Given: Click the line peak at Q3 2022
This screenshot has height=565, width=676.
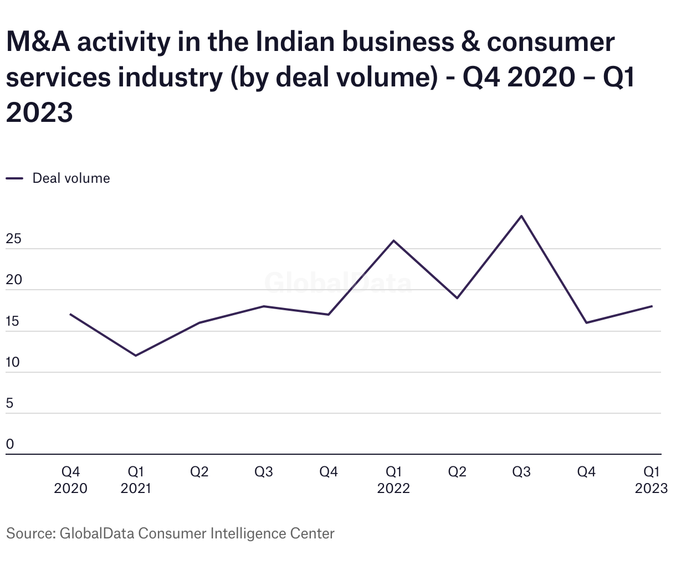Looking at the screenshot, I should [x=521, y=216].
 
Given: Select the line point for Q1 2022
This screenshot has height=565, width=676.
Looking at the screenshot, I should [x=393, y=240].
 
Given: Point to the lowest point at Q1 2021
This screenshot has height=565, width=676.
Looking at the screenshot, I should [x=136, y=356].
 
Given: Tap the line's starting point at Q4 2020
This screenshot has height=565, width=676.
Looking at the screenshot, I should [x=70, y=314].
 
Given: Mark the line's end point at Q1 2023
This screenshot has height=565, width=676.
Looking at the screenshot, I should [x=652, y=306].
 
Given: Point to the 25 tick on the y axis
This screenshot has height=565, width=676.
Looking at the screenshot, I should [x=14, y=239].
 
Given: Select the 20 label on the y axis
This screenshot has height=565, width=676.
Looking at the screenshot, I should [x=14, y=280].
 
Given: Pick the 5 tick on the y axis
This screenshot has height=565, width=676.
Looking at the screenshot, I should [x=10, y=404].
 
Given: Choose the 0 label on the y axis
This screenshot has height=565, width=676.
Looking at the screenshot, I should [x=10, y=445].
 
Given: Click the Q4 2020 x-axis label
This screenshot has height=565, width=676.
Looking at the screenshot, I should [x=70, y=480].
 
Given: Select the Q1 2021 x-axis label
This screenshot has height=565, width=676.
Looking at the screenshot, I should [x=136, y=480].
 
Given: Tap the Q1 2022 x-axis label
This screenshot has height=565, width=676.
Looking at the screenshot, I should [x=393, y=480].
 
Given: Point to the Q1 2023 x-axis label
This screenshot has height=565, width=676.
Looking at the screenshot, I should [x=651, y=480].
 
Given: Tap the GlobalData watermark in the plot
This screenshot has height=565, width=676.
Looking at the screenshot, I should [x=338, y=282].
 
